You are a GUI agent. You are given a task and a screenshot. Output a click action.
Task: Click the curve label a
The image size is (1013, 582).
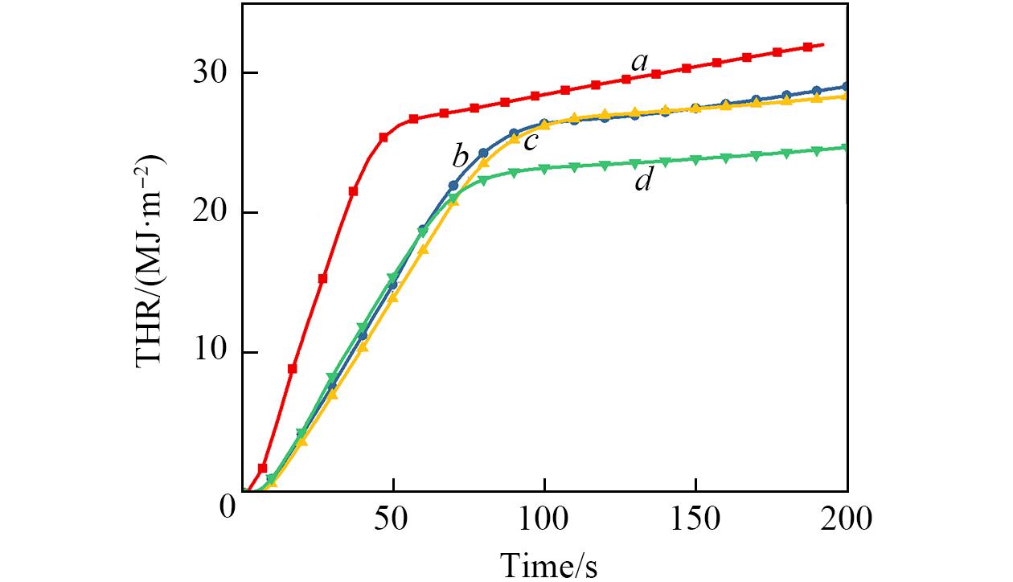pyautogui.click(x=639, y=61)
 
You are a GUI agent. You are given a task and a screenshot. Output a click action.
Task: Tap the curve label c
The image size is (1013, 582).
pyautogui.click(x=530, y=143)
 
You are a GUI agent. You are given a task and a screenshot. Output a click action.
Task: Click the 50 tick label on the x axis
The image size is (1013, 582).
pyautogui.click(x=393, y=518)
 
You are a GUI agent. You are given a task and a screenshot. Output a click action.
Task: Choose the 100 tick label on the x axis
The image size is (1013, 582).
pyautogui.click(x=544, y=518)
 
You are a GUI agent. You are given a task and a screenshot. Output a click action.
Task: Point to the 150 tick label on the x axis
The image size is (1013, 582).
pyautogui.click(x=695, y=518)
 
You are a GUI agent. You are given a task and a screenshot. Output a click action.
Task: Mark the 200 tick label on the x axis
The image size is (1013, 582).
pyautogui.click(x=847, y=518)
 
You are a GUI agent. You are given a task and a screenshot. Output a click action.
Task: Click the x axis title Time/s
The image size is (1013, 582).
pyautogui.click(x=549, y=564)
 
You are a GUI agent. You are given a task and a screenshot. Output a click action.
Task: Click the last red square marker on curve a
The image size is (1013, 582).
pyautogui.click(x=808, y=47)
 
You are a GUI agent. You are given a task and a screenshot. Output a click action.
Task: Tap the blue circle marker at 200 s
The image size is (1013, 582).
pyautogui.click(x=845, y=87)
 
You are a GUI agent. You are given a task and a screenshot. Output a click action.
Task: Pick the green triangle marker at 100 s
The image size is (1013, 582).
pyautogui.click(x=544, y=169)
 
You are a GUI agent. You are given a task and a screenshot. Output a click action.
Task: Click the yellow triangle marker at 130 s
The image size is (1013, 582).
pyautogui.click(x=635, y=113)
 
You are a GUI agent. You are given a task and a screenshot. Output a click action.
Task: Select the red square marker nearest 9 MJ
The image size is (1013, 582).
pyautogui.click(x=293, y=368)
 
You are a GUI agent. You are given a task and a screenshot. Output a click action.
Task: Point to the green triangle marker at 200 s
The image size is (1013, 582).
pyautogui.click(x=845, y=148)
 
